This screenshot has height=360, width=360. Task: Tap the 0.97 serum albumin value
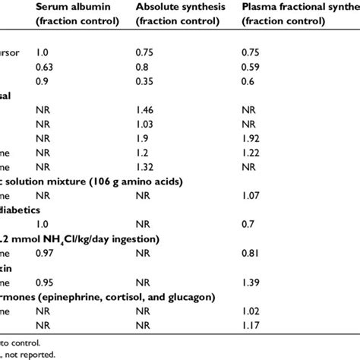tap(46, 260)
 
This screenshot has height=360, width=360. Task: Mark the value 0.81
tap(252, 260)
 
